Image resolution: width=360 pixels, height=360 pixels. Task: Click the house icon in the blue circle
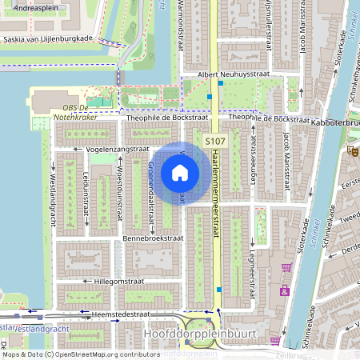(180, 172)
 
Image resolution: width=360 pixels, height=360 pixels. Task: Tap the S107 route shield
(215, 141)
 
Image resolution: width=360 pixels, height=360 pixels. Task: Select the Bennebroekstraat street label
(154, 238)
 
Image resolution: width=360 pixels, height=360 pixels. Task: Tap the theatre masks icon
(352, 150)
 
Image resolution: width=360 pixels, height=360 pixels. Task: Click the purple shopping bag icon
(284, 290)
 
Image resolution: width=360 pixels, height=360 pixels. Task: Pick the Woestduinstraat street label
(119, 184)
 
